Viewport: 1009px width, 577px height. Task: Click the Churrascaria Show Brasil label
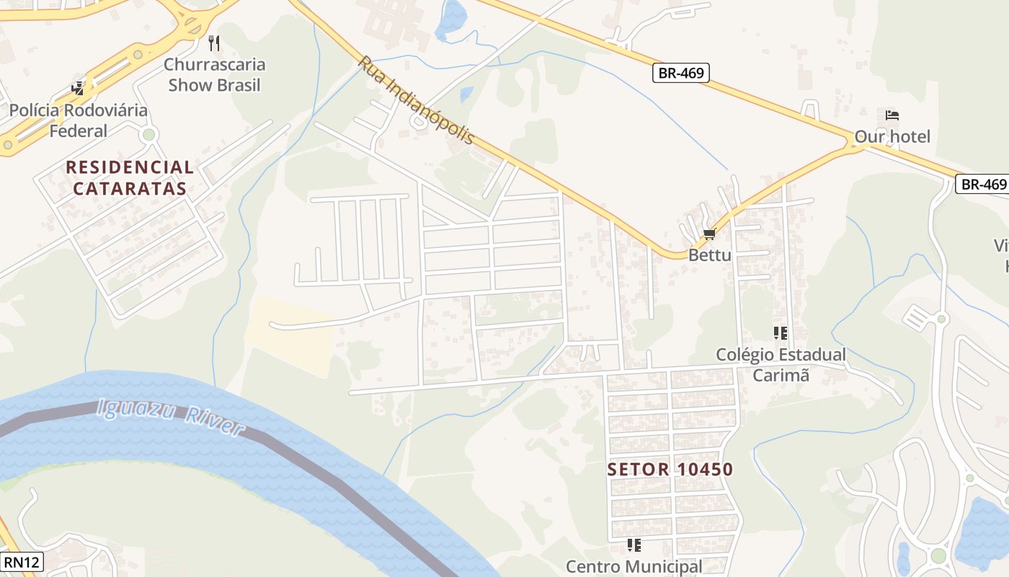click(x=214, y=74)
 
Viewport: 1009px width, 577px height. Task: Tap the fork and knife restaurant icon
click(x=214, y=43)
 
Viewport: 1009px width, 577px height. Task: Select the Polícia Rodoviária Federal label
click(x=78, y=120)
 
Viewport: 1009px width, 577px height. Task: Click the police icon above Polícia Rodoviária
click(x=78, y=89)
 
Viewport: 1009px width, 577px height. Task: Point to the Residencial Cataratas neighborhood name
click(x=130, y=178)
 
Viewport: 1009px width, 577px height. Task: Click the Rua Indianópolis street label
click(x=417, y=100)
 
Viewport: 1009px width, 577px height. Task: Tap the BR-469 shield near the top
click(x=681, y=73)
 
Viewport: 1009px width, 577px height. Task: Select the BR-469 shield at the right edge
click(x=982, y=184)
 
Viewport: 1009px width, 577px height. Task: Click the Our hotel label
click(x=892, y=136)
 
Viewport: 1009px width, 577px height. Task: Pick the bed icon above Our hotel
click(x=892, y=115)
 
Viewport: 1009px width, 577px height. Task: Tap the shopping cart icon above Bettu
click(x=709, y=234)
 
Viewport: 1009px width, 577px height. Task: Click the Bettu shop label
click(x=709, y=255)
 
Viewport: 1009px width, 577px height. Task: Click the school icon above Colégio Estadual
click(x=780, y=333)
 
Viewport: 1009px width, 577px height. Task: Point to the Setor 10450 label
click(x=670, y=470)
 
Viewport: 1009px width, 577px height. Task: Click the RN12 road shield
click(x=22, y=562)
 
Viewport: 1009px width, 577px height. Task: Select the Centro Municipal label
click(x=634, y=566)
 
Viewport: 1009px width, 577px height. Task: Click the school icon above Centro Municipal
click(x=634, y=545)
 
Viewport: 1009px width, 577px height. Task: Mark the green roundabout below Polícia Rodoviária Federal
click(x=149, y=134)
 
